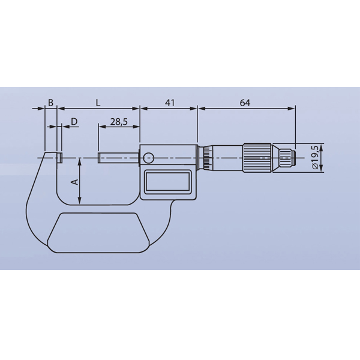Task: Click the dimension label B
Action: [x=51, y=103]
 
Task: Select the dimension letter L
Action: [x=98, y=103]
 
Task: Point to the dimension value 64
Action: [x=245, y=103]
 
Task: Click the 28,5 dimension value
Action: [x=119, y=122]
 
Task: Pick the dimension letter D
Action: [x=74, y=122]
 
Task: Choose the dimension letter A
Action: [x=74, y=181]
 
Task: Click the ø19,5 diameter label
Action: [x=314, y=158]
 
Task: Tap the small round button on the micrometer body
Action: [x=148, y=158]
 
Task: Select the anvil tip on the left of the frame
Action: [x=60, y=158]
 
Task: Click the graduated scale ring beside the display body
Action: [x=205, y=158]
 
